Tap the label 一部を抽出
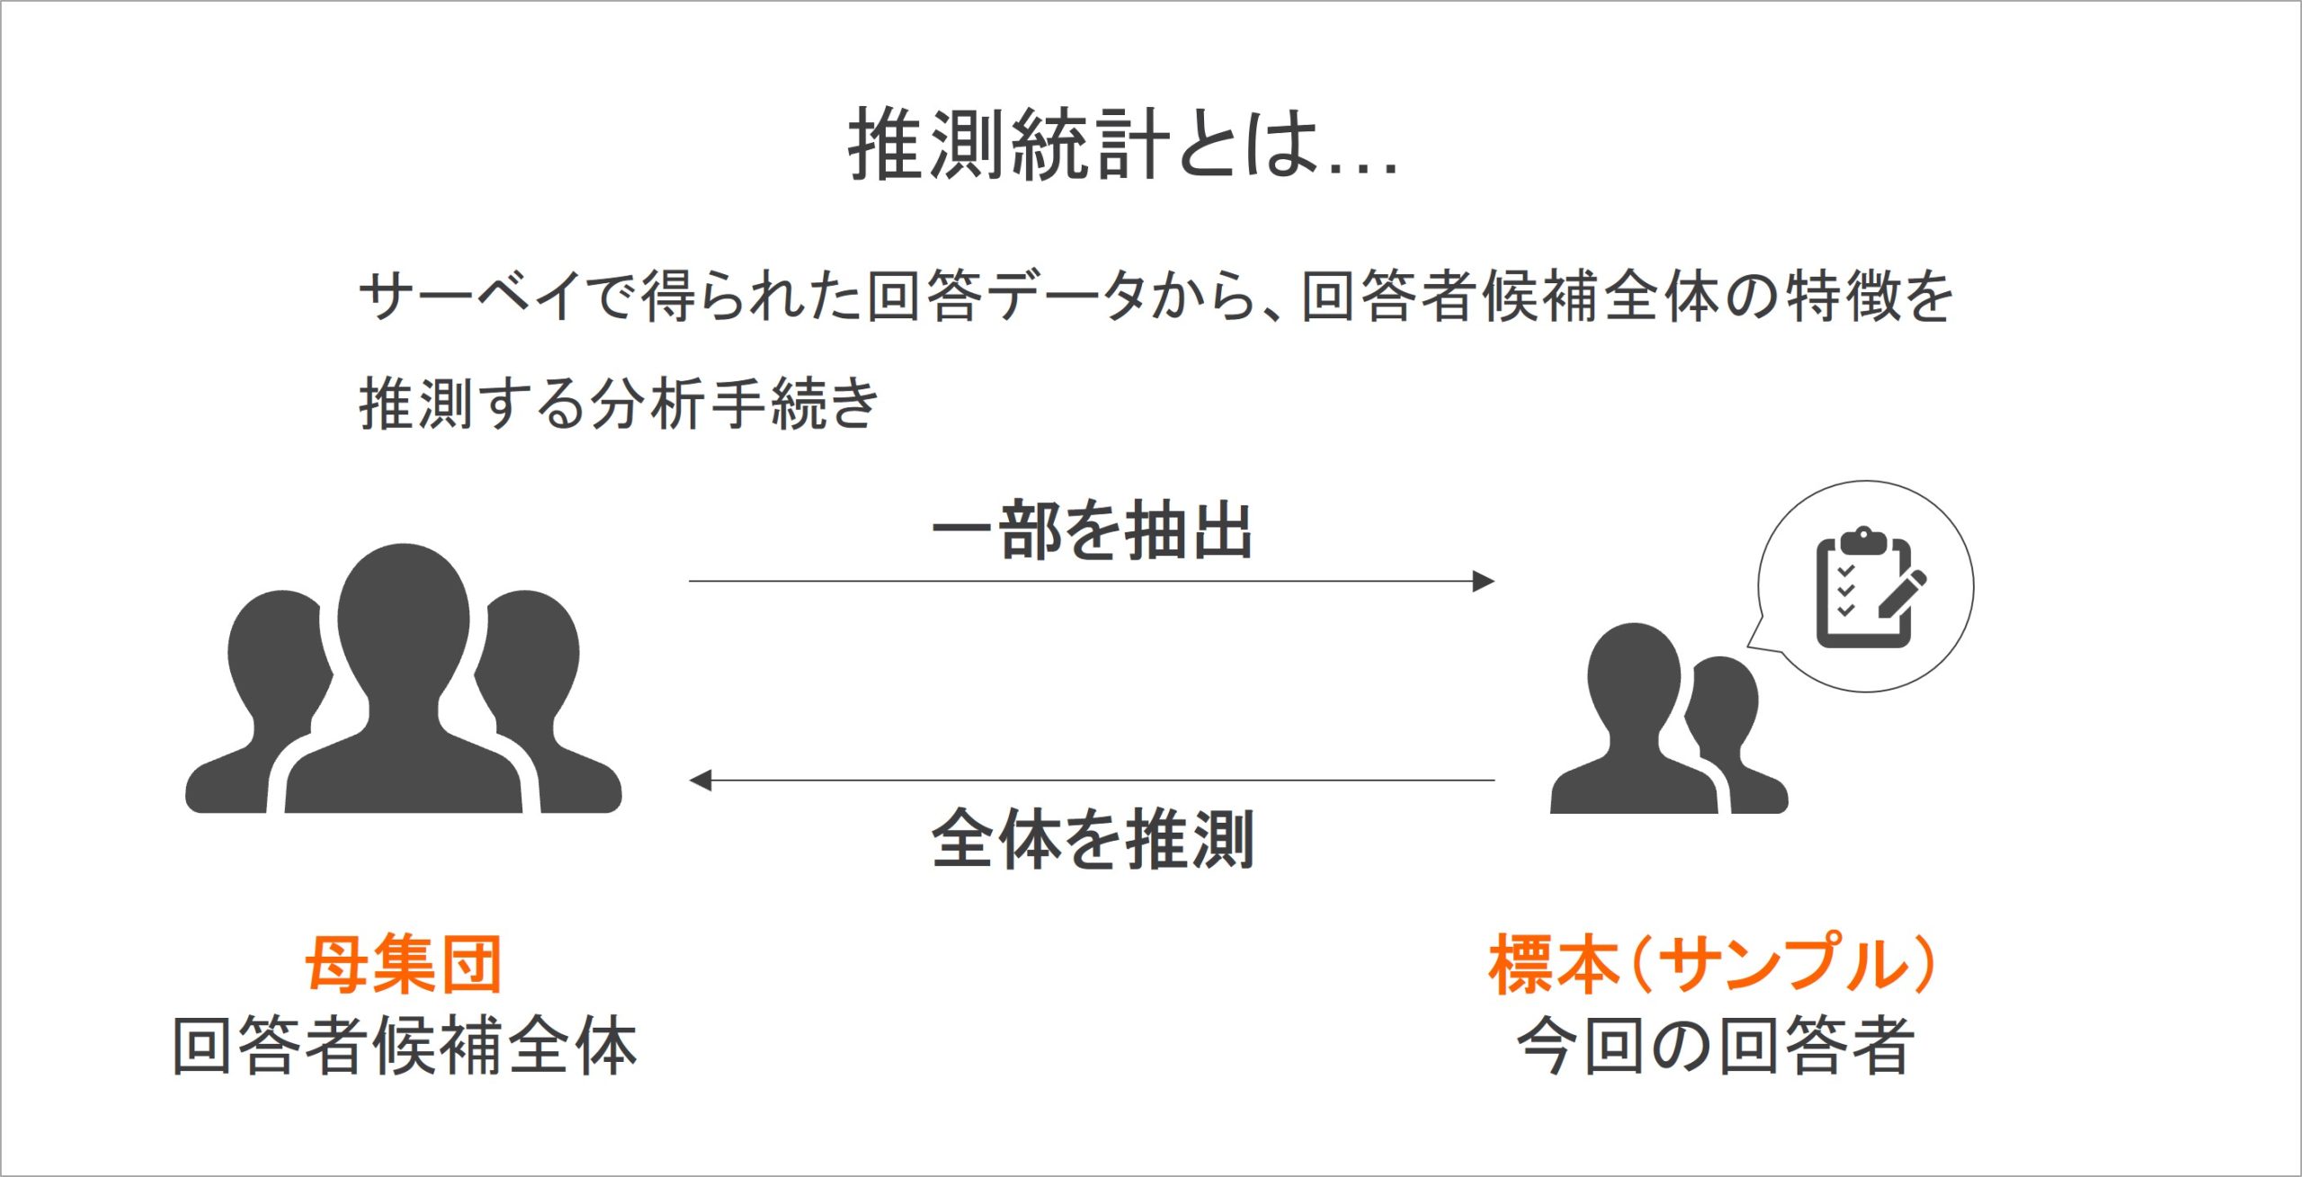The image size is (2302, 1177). click(1093, 531)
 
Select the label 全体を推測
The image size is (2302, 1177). click(1093, 838)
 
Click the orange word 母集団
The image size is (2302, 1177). click(404, 963)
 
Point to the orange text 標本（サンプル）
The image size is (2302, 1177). click(1712, 963)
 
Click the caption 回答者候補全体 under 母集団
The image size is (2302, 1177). click(405, 1045)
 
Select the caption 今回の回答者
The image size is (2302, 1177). click(1715, 1045)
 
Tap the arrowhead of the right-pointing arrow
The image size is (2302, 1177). click(1484, 581)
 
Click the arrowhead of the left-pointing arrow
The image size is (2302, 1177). click(700, 780)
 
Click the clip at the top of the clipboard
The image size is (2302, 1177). click(1863, 541)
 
